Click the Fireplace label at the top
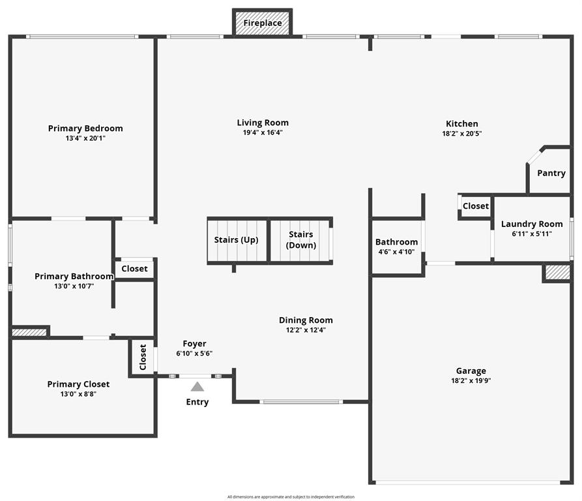[263, 23]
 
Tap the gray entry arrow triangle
[197, 387]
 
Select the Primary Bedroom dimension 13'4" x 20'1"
[85, 138]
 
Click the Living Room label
[263, 123]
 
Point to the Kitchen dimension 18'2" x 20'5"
[461, 133]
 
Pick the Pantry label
[551, 173]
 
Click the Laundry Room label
[532, 224]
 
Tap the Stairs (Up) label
[236, 240]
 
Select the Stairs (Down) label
[301, 239]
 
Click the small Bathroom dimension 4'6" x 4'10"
[396, 252]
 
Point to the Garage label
[471, 371]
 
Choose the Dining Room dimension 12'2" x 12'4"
[306, 330]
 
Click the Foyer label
[194, 344]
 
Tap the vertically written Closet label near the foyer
[143, 357]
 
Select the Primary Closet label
[78, 384]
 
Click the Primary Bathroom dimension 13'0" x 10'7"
[74, 286]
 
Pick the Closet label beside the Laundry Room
[476, 205]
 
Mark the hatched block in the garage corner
[557, 272]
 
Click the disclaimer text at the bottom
[291, 496]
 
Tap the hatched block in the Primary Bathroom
[29, 333]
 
